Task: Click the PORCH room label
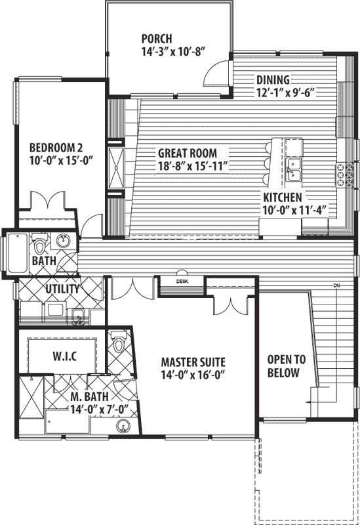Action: (157, 39)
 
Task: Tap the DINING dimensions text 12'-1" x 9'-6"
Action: (286, 92)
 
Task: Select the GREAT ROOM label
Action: (187, 154)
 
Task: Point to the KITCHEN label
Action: (283, 197)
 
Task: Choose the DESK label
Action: (182, 282)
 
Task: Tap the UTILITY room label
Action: (62, 289)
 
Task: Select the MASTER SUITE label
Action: (193, 362)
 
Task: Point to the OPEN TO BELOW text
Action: (283, 366)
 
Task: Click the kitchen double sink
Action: (294, 167)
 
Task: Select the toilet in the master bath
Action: (119, 343)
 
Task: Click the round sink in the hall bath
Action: (64, 241)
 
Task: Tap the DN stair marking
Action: (337, 285)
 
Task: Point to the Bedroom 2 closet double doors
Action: (46, 199)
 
